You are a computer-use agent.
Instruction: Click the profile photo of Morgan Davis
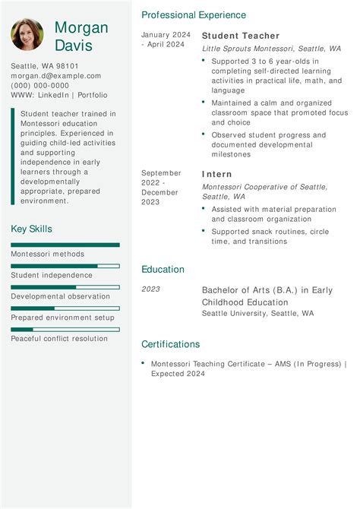(27, 35)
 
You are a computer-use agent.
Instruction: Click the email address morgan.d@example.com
(55, 76)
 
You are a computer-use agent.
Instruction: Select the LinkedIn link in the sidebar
(53, 96)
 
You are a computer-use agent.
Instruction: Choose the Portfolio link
(92, 96)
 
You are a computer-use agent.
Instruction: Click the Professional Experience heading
(194, 15)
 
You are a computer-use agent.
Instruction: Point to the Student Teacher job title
(240, 36)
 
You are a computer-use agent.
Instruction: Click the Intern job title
(216, 174)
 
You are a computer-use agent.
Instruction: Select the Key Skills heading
(32, 229)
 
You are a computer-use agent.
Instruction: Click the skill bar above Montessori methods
(65, 245)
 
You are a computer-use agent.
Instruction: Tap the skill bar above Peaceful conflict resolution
(65, 329)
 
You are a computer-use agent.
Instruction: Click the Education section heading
(163, 269)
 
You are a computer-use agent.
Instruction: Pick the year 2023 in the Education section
(151, 289)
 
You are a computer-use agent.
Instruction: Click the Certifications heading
(171, 344)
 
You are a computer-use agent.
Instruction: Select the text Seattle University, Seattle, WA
(257, 313)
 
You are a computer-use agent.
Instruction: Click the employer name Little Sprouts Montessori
(248, 49)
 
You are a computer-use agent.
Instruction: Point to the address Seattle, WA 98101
(45, 66)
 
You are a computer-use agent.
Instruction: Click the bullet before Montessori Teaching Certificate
(143, 363)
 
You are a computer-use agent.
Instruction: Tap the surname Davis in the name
(74, 46)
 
